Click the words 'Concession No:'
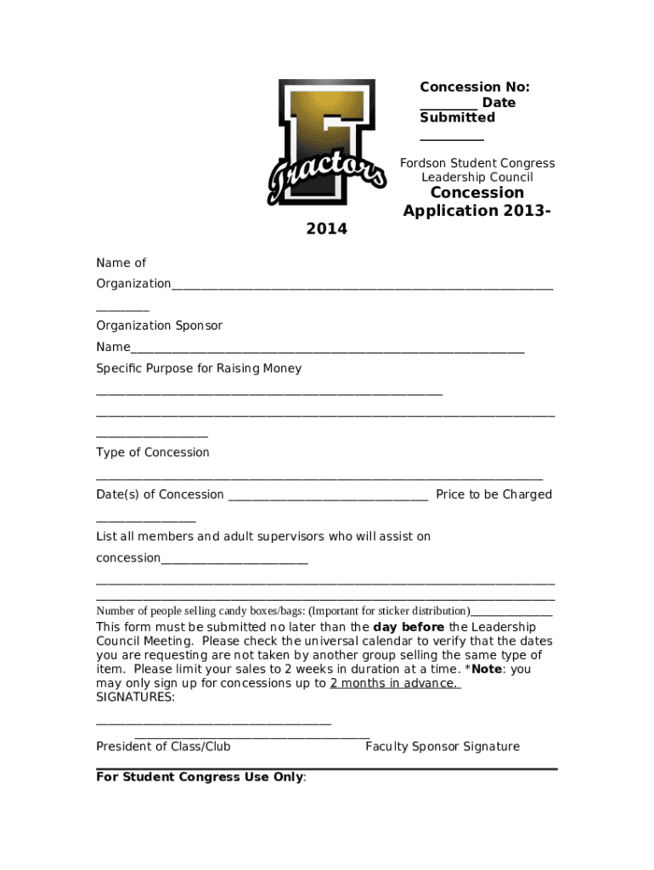click(474, 87)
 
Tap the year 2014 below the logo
click(326, 229)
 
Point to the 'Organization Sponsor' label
click(159, 325)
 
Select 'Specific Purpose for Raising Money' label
click(199, 369)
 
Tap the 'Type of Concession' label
click(153, 453)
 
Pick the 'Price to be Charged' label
click(493, 494)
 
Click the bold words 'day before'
click(409, 628)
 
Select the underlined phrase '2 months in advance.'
click(395, 683)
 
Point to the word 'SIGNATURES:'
click(136, 698)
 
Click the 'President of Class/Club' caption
click(163, 747)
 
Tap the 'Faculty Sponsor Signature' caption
click(442, 747)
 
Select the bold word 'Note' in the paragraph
click(488, 669)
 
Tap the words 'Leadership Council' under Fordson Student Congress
click(476, 178)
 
